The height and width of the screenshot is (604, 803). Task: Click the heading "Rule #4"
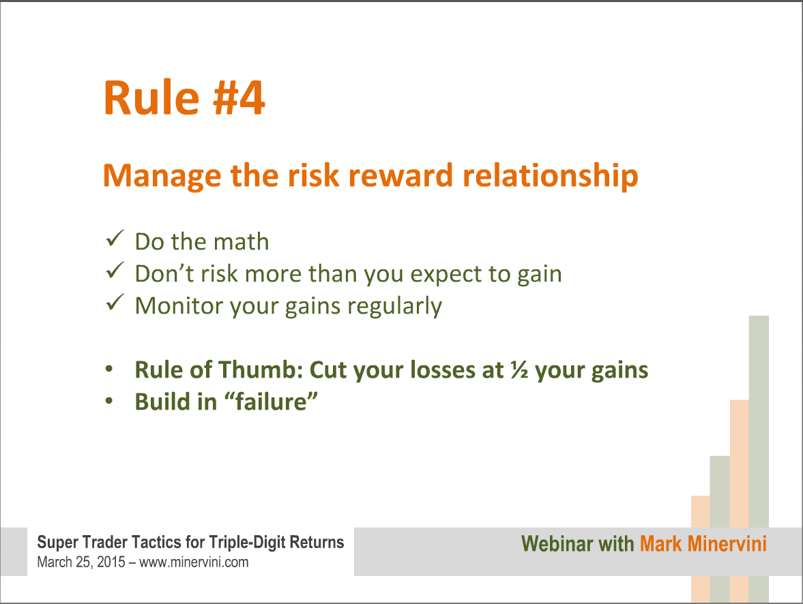click(184, 97)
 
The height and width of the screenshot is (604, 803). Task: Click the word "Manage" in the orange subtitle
click(162, 176)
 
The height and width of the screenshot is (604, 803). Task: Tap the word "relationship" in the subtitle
click(550, 176)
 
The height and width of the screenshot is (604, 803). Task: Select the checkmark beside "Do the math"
click(115, 238)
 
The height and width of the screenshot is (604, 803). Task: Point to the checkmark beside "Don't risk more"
click(115, 270)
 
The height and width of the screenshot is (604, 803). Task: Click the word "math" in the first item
click(242, 241)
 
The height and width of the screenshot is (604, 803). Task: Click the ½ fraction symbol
click(519, 369)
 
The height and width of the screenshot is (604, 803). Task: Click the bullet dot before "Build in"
click(109, 402)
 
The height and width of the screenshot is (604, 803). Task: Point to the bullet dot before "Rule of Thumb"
click(109, 369)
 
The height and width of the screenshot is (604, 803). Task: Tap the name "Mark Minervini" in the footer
click(703, 543)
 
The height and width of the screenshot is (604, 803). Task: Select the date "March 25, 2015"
click(81, 562)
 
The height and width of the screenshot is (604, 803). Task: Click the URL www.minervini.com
click(194, 562)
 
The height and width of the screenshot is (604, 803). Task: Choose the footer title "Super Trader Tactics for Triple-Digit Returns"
click(190, 542)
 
